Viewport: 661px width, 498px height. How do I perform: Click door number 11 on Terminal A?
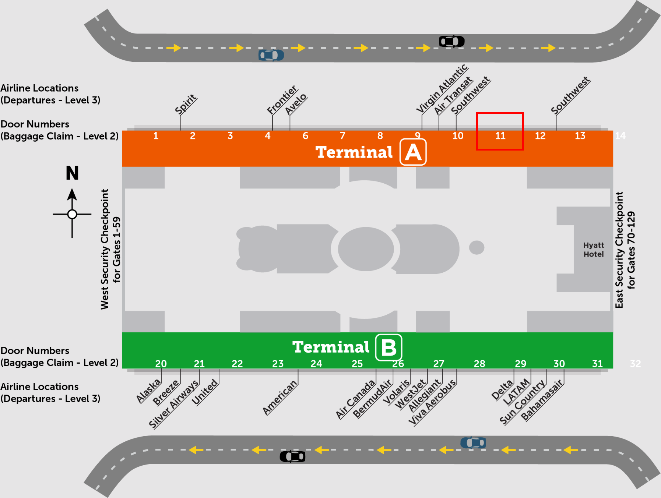pyautogui.click(x=500, y=136)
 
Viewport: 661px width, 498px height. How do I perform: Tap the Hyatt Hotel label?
pyautogui.click(x=594, y=250)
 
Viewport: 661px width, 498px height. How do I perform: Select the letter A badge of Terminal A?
pyautogui.click(x=413, y=152)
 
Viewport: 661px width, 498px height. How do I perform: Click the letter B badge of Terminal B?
pyautogui.click(x=388, y=347)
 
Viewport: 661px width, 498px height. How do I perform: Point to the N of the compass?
pyautogui.click(x=72, y=173)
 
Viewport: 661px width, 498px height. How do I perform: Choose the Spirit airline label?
pyautogui.click(x=186, y=104)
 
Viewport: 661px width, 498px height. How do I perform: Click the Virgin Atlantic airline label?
pyautogui.click(x=442, y=88)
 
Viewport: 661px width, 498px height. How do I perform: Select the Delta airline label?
pyautogui.click(x=502, y=390)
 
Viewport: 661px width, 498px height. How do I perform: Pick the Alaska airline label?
pyautogui.click(x=149, y=391)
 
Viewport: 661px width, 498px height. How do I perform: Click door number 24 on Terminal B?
pyautogui.click(x=316, y=364)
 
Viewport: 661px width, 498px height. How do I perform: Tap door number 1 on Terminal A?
pyautogui.click(x=156, y=136)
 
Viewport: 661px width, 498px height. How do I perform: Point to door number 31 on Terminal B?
pyautogui.click(x=597, y=364)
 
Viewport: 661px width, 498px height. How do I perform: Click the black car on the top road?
pyautogui.click(x=452, y=41)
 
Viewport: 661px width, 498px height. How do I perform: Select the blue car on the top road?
pyautogui.click(x=271, y=55)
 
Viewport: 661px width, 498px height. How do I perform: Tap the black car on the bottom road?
pyautogui.click(x=293, y=456)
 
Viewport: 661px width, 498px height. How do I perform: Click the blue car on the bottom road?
pyautogui.click(x=473, y=442)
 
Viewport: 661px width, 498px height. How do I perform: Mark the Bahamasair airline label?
pyautogui.click(x=542, y=400)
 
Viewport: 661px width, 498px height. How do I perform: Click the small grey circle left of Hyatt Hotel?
pyautogui.click(x=477, y=247)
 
